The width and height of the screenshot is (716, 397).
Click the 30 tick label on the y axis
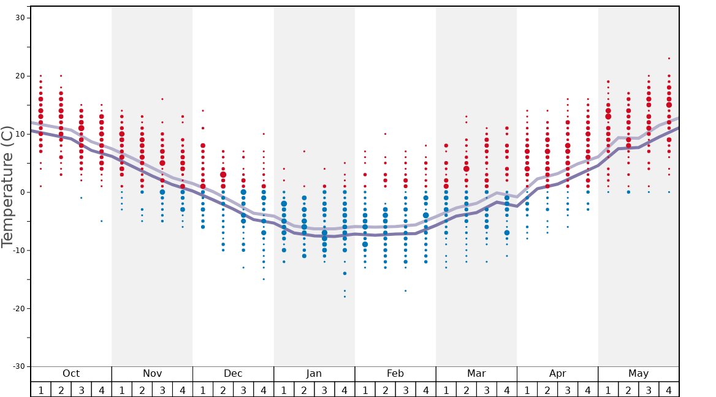pyautogui.click(x=20, y=18)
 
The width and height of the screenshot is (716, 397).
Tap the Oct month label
pyautogui.click(x=71, y=374)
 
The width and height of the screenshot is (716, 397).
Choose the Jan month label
pyautogui.click(x=314, y=374)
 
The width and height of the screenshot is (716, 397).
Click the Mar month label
pyautogui.click(x=476, y=374)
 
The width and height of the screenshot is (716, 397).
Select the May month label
pyautogui.click(x=638, y=374)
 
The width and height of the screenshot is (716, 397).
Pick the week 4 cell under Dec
pyautogui.click(x=264, y=390)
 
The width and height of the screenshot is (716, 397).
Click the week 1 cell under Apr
pyautogui.click(x=527, y=390)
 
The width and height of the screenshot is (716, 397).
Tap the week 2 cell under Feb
pyautogui.click(x=385, y=390)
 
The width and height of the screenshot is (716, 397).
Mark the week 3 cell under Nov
pyautogui.click(x=162, y=390)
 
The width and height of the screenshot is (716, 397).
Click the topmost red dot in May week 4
pyautogui.click(x=669, y=59)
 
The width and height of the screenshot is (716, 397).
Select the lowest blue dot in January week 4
pyautogui.click(x=345, y=297)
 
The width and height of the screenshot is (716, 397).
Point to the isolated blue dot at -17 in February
pyautogui.click(x=405, y=290)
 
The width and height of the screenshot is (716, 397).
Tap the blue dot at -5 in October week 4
pyautogui.click(x=102, y=221)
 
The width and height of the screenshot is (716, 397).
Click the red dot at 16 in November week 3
pyautogui.click(x=162, y=99)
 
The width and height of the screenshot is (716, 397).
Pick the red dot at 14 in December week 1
pyautogui.click(x=203, y=111)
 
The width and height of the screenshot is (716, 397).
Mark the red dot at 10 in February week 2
pyautogui.click(x=385, y=134)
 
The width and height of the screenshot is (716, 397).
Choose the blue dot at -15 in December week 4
pyautogui.click(x=264, y=279)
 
